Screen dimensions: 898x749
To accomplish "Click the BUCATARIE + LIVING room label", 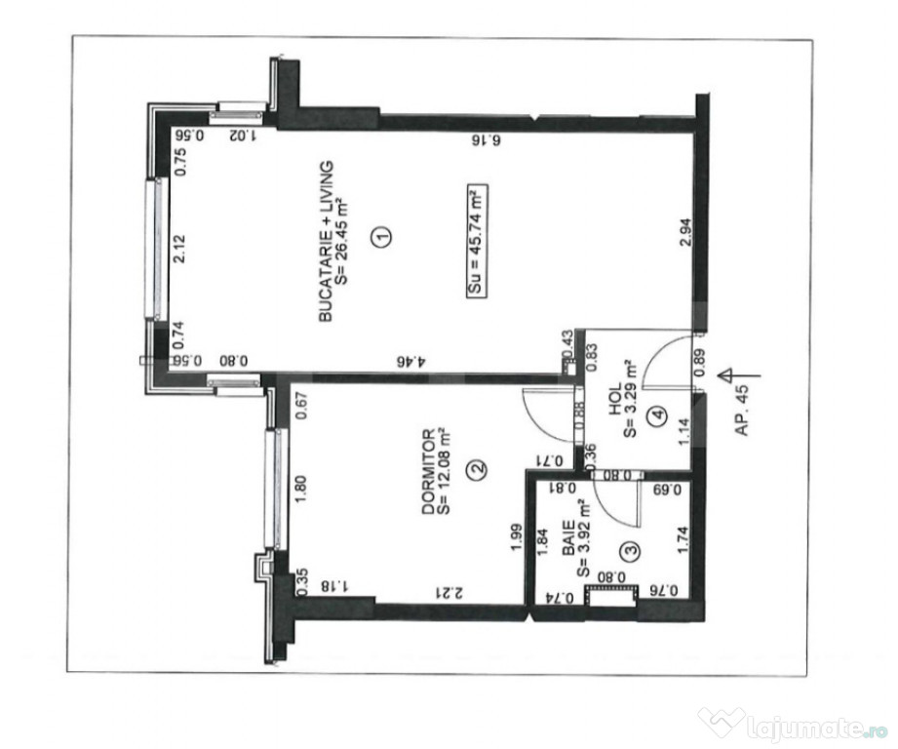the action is coord(326,241).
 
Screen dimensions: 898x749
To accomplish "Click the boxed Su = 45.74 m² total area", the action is coord(477,241).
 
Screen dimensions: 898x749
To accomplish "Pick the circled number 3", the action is coord(631,550).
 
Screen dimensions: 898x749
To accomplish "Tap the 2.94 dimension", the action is coord(684,233).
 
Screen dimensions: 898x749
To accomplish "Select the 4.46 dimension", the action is coord(412,361).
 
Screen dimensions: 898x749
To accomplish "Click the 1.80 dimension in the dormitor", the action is coord(303,489).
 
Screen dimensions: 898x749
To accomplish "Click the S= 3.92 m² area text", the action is coord(583,538).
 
